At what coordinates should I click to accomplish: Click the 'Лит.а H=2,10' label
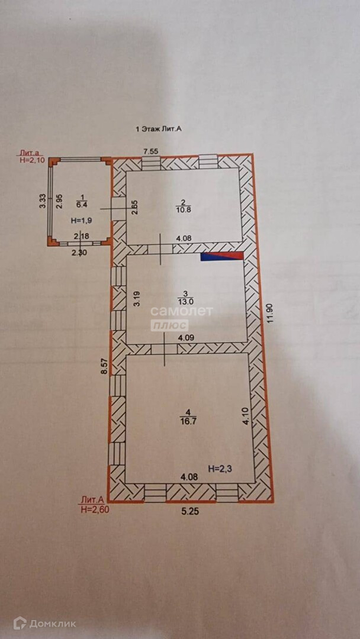coord(32,156)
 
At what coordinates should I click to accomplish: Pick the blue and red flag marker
coord(222,256)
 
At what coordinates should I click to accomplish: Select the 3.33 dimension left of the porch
coord(43,202)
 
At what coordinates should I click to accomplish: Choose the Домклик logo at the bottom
coord(45,623)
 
